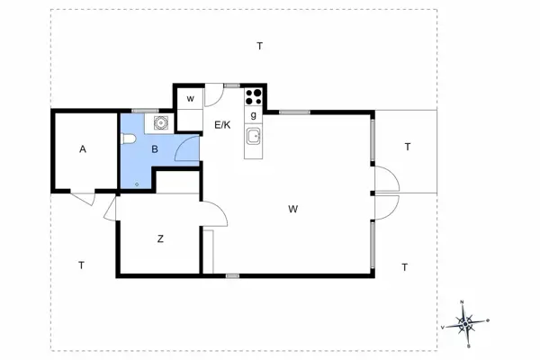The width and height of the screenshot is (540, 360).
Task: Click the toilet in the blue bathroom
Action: pos(129,139)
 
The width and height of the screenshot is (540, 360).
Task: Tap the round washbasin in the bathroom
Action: pos(160,122)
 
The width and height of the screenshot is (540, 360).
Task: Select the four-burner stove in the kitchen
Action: pos(254,96)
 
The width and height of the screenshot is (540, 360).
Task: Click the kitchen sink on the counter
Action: pos(254,137)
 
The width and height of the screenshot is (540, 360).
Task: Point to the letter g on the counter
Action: pos(254,115)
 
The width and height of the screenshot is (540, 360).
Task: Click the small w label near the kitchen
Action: pos(190,99)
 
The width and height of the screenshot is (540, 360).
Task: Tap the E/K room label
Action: pos(222,125)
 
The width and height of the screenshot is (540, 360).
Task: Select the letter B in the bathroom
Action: pos(155,149)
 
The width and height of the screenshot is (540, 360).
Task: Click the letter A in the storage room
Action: pos(83,149)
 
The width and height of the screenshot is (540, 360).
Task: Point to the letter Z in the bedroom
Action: pos(160,238)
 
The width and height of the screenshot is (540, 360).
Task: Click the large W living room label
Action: pos(293,209)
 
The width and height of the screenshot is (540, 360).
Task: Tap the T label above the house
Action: pos(260,46)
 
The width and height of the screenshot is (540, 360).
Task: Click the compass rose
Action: pos(465,324)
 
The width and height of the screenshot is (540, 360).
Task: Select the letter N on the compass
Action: pos(462,302)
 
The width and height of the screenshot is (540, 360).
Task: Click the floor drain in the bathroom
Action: pos(137,184)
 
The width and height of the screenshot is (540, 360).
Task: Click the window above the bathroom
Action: pos(145,111)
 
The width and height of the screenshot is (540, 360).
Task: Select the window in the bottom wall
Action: pos(232,275)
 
